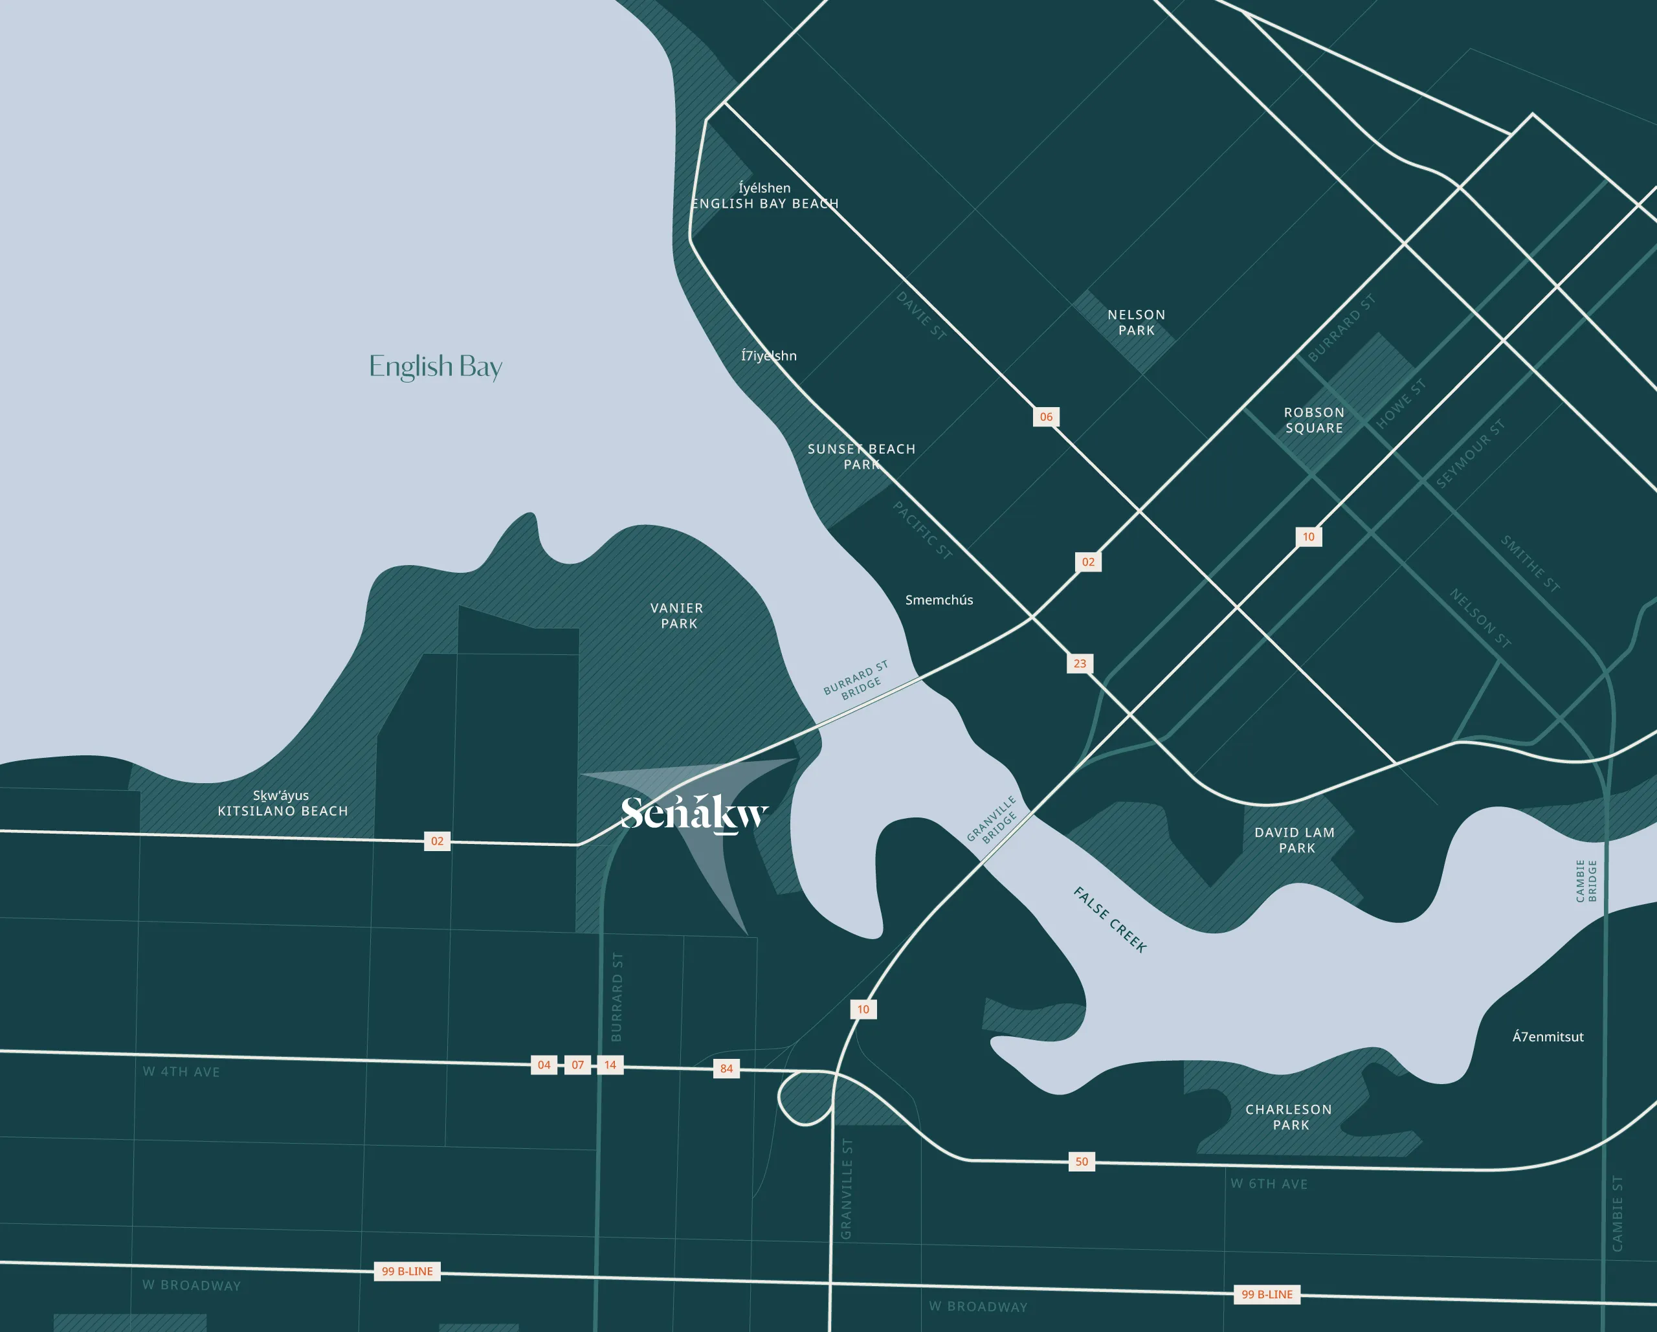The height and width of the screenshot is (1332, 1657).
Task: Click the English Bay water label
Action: tap(435, 366)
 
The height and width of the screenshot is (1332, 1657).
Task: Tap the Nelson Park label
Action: tap(1136, 323)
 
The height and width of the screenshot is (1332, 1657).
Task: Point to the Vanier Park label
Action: tap(677, 616)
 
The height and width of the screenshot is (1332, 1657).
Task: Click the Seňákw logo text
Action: tap(694, 813)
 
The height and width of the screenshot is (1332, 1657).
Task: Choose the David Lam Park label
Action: tap(1295, 840)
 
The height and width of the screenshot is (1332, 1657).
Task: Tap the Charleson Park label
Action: tap(1289, 1116)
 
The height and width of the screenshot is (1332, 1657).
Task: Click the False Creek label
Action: tap(1110, 920)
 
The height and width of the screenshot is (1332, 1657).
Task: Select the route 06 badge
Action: tap(1046, 417)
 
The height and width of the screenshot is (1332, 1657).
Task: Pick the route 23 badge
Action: tap(1080, 663)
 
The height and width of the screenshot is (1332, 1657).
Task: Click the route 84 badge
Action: tap(726, 1069)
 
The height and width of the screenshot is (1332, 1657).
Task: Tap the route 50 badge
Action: tap(1082, 1161)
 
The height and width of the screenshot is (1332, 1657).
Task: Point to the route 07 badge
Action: tap(578, 1065)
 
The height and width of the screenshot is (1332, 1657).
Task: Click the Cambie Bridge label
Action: tap(1586, 881)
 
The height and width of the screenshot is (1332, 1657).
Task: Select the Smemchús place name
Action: tap(939, 600)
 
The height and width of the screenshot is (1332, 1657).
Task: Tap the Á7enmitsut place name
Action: tap(1548, 1037)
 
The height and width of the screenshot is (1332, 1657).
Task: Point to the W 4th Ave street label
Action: tap(181, 1071)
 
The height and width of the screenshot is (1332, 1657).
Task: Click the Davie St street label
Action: tap(920, 315)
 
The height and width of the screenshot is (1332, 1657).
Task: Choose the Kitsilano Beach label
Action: tap(283, 811)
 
